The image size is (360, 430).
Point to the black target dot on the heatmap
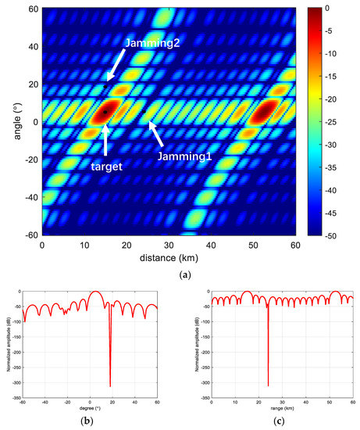(x=105, y=112)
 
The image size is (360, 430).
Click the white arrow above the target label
(x=105, y=138)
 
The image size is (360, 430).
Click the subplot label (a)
(x=170, y=274)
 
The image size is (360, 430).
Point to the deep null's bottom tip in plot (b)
(x=110, y=386)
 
